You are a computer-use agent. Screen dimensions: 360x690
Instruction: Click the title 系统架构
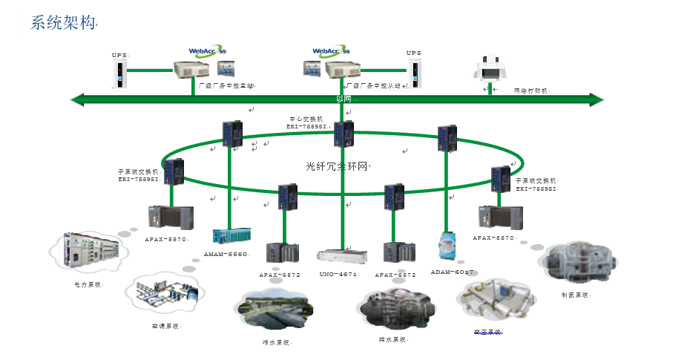63,23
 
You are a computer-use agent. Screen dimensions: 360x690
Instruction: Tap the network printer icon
490,68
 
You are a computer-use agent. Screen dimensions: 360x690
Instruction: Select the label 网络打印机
531,91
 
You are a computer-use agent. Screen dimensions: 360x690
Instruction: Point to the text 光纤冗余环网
337,166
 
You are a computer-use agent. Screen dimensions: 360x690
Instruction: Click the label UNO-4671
339,275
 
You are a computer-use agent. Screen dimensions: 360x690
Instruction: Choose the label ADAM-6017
452,272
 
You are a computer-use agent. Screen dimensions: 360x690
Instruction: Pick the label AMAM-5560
226,254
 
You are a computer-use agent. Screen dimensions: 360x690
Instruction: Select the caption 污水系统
277,343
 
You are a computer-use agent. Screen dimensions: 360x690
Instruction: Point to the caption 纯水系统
392,340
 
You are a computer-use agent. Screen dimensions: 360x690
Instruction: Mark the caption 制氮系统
575,295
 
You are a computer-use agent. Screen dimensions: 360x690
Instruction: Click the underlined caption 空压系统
487,332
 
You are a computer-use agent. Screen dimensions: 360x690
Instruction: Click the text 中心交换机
306,119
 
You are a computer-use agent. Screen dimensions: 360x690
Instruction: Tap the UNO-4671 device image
342,256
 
